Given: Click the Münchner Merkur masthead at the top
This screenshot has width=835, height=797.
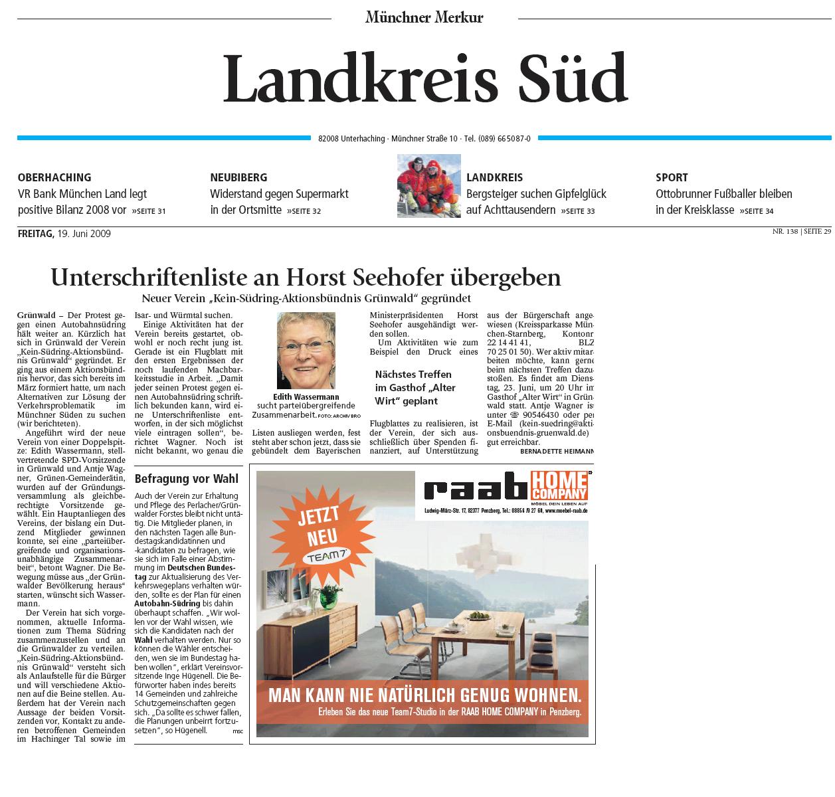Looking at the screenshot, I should pyautogui.click(x=424, y=17).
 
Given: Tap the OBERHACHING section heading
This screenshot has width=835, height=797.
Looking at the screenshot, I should pyautogui.click(x=54, y=177).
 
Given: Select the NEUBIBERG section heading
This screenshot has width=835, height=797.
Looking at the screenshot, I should pyautogui.click(x=238, y=177).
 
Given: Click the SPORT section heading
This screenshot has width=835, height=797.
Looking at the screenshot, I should pyautogui.click(x=672, y=177).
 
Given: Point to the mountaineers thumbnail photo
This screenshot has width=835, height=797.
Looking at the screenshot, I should pyautogui.click(x=428, y=185).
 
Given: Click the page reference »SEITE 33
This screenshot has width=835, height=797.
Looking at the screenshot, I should pyautogui.click(x=577, y=211).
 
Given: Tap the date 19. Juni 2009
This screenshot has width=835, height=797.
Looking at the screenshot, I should pyautogui.click(x=84, y=234).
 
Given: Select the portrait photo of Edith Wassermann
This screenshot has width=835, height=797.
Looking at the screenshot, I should pyautogui.click(x=306, y=351).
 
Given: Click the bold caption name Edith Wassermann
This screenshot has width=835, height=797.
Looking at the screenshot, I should pyautogui.click(x=306, y=397).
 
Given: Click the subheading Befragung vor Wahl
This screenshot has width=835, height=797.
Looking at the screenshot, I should pyautogui.click(x=177, y=479).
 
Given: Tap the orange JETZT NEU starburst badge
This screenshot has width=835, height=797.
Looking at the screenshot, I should pyautogui.click(x=323, y=533).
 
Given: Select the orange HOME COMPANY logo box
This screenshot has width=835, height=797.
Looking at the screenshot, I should pyautogui.click(x=559, y=485).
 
